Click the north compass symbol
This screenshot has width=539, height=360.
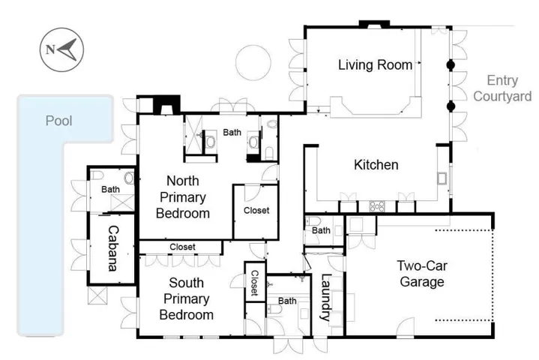61,50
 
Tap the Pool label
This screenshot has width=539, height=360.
58,120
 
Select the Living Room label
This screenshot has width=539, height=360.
375,65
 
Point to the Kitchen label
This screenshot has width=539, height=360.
375,165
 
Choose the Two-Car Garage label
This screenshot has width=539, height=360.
421,273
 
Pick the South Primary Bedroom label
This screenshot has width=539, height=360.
187,298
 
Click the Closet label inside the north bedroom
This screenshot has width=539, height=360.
256,211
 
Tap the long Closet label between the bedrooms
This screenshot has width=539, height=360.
182,247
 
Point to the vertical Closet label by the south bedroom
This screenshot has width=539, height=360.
255,283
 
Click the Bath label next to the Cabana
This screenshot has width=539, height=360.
110,190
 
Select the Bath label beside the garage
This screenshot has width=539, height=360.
321,230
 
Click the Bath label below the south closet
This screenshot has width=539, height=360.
287,301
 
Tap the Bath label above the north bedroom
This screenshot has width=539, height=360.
232,132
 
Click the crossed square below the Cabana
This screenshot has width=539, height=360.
98,295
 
